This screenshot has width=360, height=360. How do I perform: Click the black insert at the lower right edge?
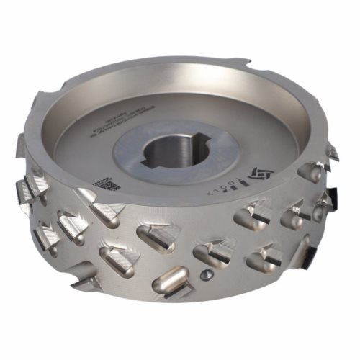312,253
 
